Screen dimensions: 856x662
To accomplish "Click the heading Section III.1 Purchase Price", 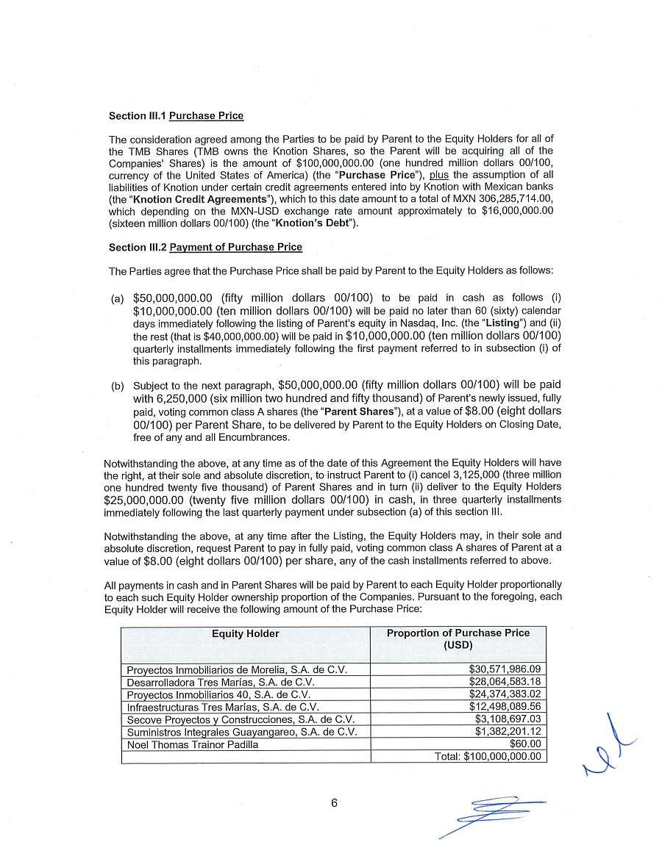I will tap(176, 116).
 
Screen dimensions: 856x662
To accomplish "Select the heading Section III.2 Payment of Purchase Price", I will tap(205, 248).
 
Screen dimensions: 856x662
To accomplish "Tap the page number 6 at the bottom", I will tap(334, 803).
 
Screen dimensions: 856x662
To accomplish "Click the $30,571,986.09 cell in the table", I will tap(505, 669).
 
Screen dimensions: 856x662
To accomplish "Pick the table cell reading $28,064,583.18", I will tap(505, 682).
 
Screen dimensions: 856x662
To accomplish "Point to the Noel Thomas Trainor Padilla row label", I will tap(193, 744).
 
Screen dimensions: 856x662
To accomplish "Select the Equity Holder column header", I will tap(246, 633).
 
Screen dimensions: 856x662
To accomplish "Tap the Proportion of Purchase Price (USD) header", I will tap(458, 639).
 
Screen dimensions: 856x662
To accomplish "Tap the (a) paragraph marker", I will tap(116, 299).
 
